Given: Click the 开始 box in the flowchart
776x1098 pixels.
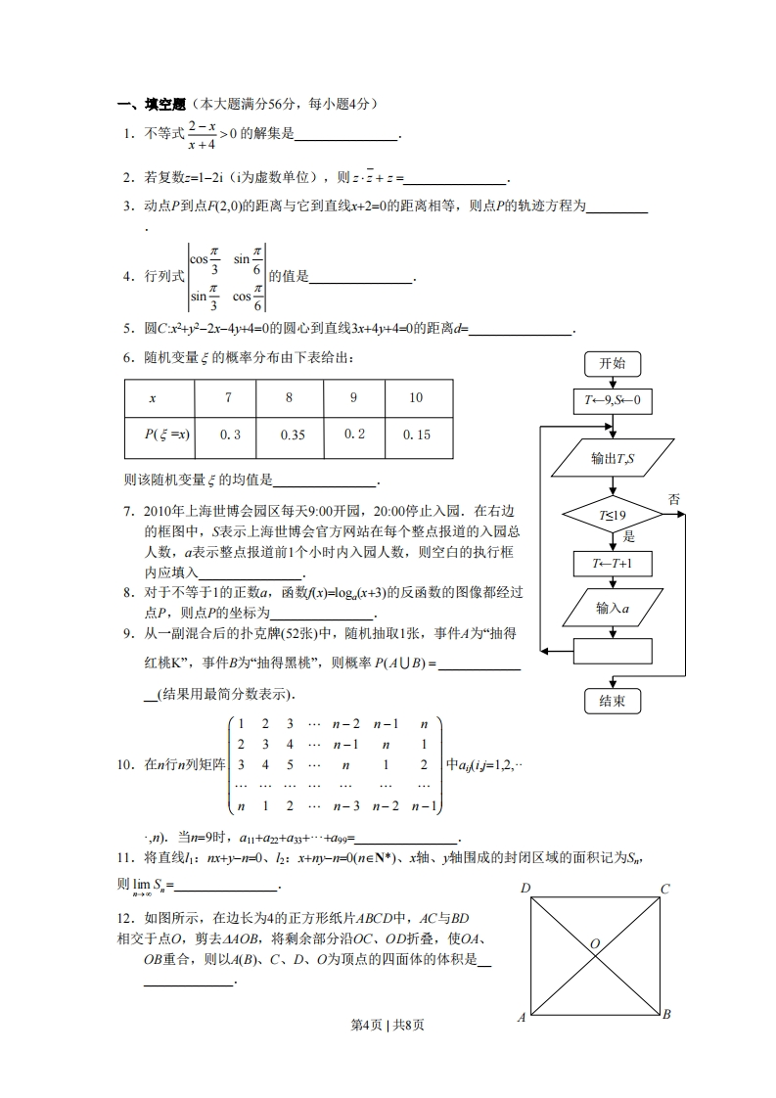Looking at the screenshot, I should (x=612, y=364).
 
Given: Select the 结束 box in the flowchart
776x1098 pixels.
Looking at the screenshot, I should (x=612, y=701).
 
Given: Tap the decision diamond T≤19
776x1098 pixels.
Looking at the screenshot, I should (x=612, y=516).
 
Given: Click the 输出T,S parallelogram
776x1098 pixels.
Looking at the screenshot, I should (x=612, y=458).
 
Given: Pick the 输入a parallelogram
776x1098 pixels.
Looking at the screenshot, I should (x=612, y=608).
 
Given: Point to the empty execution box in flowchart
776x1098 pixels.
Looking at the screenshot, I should (x=612, y=650).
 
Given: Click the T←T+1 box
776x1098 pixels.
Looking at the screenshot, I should (x=612, y=564).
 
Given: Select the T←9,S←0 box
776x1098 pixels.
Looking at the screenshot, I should (x=612, y=400).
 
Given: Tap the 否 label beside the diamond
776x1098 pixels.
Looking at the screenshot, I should (x=674, y=499).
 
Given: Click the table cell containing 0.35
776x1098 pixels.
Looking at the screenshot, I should (x=289, y=435).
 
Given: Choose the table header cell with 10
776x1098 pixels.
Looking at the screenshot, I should (x=417, y=397).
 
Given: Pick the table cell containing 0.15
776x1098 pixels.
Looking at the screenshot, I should (x=417, y=435).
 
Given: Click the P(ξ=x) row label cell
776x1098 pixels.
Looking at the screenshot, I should (x=160, y=435).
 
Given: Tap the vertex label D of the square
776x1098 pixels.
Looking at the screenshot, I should (x=525, y=889).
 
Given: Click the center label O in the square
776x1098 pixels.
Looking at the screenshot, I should (x=594, y=943).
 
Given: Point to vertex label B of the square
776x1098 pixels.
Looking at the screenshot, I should (x=665, y=1015).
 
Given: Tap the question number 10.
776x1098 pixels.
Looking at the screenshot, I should (x=124, y=764).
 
